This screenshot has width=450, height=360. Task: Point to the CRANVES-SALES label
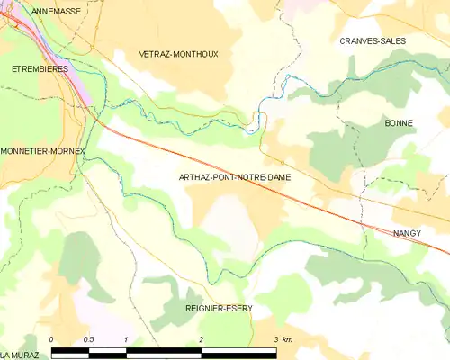[373, 41]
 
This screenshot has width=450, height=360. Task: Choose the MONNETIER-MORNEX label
[42, 151]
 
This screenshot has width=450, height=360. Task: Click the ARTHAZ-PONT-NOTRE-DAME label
[234, 178]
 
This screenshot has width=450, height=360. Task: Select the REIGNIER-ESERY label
[219, 308]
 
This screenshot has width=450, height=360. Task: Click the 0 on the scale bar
[52, 339]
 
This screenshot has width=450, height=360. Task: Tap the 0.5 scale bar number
[88, 339]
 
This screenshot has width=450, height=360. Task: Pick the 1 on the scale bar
[127, 339]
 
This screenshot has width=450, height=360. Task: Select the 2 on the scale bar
[202, 339]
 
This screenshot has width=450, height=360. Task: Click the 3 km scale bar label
[282, 339]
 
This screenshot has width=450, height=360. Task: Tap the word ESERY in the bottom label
[238, 308]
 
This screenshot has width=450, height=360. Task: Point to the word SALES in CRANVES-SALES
[392, 41]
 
